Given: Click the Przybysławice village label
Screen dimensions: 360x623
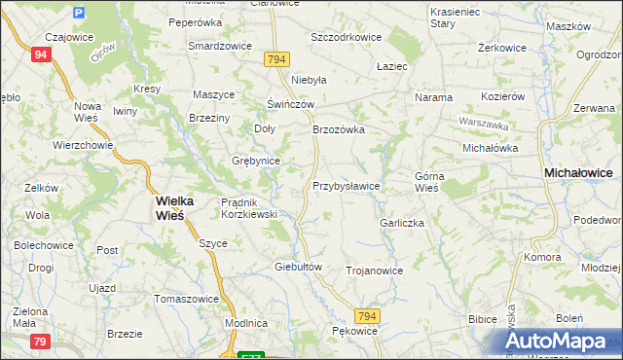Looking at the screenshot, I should (346, 185).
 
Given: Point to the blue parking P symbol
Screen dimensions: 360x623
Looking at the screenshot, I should (79, 14).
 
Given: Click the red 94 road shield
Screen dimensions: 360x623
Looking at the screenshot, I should (40, 55).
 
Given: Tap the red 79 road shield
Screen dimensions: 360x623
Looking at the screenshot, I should (40, 341).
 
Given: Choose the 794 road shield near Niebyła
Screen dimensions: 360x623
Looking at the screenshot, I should (275, 60).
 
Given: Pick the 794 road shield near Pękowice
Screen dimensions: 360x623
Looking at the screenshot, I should (366, 317).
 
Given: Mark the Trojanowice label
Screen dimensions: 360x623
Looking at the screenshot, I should (374, 270).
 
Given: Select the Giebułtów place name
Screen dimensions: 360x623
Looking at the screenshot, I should (298, 266).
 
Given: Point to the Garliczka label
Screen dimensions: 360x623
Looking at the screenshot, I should (402, 223).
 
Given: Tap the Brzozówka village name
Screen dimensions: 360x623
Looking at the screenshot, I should (338, 129).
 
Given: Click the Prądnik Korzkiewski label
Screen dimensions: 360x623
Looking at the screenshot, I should (250, 207).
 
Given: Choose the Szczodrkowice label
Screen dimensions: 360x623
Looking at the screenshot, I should (346, 36).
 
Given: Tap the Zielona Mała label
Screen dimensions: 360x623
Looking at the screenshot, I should (28, 316).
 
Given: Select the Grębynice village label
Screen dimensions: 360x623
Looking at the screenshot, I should (256, 161).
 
